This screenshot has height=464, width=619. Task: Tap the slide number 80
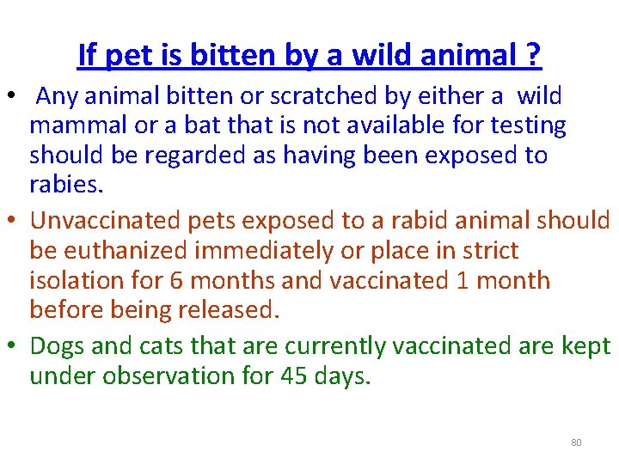(576, 443)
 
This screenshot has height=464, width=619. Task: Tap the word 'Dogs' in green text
(58, 345)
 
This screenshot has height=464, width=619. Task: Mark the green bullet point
(15, 345)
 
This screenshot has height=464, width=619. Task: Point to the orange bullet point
(15, 220)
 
